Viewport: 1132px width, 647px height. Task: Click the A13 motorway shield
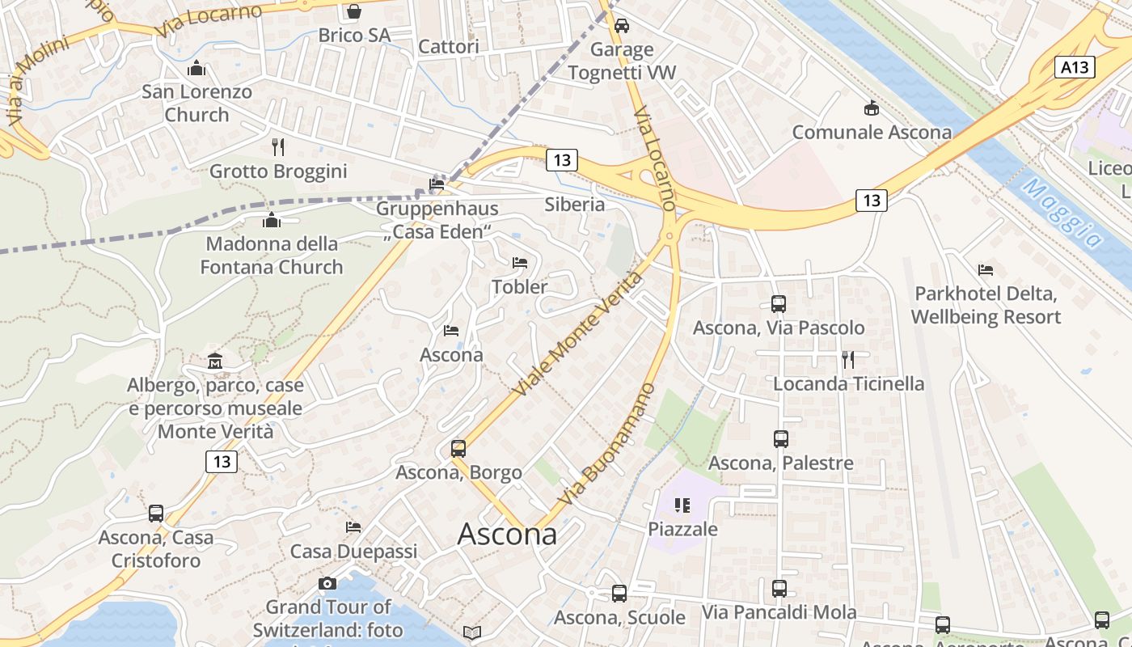pyautogui.click(x=1075, y=67)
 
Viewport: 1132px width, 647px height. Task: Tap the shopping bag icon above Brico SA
pyautogui.click(x=353, y=11)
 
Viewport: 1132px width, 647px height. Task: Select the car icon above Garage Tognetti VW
pyautogui.click(x=621, y=26)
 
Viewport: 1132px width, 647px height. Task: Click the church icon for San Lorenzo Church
pyautogui.click(x=196, y=68)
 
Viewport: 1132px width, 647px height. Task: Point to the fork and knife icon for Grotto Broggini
pyautogui.click(x=278, y=146)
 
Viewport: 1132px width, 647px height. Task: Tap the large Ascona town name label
pyautogui.click(x=507, y=534)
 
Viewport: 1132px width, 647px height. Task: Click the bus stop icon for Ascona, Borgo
pyautogui.click(x=458, y=448)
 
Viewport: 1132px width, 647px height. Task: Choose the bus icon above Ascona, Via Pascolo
pyautogui.click(x=779, y=304)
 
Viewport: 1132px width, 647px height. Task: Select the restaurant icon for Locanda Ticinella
pyautogui.click(x=848, y=359)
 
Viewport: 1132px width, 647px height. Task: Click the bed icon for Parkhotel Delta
pyautogui.click(x=986, y=269)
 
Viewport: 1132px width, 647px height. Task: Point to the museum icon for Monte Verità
pyautogui.click(x=215, y=360)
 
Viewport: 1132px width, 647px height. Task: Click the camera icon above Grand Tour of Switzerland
pyautogui.click(x=327, y=583)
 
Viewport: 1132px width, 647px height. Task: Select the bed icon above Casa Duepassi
pyautogui.click(x=353, y=527)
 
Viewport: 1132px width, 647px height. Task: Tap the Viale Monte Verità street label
pyautogui.click(x=577, y=334)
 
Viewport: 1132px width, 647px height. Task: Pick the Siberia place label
pyautogui.click(x=575, y=204)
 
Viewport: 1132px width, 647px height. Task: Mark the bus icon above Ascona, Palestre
pyautogui.click(x=781, y=439)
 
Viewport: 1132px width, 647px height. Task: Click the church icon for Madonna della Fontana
pyautogui.click(x=272, y=220)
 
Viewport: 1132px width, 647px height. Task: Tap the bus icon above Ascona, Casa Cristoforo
pyautogui.click(x=156, y=514)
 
